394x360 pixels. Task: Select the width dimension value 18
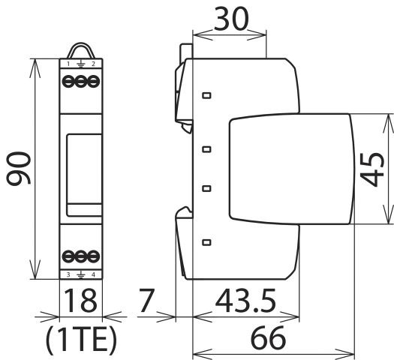(x=80, y=301)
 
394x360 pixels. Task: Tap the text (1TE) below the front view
(x=80, y=339)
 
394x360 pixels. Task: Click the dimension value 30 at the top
(x=230, y=19)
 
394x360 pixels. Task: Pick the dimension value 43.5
(x=245, y=301)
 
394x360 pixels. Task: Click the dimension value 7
(x=147, y=301)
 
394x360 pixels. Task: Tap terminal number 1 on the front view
(x=68, y=65)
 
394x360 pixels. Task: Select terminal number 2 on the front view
(x=93, y=65)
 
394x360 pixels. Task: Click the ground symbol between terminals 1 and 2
(x=80, y=65)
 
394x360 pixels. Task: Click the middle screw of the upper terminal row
(x=80, y=83)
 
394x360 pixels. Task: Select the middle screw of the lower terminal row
(x=80, y=256)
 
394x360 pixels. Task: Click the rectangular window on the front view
(x=80, y=169)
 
